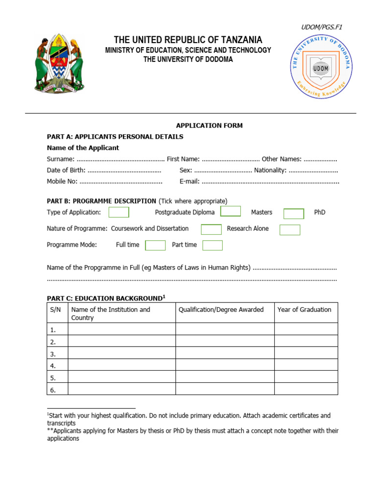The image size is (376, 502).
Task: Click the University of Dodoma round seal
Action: pyautogui.click(x=321, y=67)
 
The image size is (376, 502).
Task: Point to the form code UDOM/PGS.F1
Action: pyautogui.click(x=322, y=27)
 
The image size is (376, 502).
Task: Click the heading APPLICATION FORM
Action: pyautogui.click(x=210, y=125)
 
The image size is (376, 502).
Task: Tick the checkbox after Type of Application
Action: pyautogui.click(x=118, y=212)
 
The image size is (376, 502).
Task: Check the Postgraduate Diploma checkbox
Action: pyautogui.click(x=231, y=211)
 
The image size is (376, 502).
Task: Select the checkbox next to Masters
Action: pyautogui.click(x=294, y=213)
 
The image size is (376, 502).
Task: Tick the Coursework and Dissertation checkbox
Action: pyautogui.click(x=211, y=229)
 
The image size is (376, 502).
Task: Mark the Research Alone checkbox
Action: pyautogui.click(x=290, y=229)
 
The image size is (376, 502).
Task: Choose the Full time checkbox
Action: pyautogui.click(x=155, y=245)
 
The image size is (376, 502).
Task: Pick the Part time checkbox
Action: pyautogui.click(x=212, y=245)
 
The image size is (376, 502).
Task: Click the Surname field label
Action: pyautogui.click(x=61, y=159)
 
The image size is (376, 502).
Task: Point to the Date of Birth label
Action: pyautogui.click(x=66, y=170)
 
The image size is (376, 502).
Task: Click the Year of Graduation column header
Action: pyautogui.click(x=304, y=309)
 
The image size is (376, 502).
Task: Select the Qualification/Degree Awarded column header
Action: pyautogui.click(x=221, y=309)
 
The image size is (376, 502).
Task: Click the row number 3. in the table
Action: pyautogui.click(x=53, y=354)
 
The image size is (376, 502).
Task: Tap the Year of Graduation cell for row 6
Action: pyautogui.click(x=305, y=390)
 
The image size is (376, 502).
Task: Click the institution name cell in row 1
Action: pyautogui.click(x=121, y=330)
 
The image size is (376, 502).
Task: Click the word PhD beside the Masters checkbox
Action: pyautogui.click(x=320, y=213)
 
